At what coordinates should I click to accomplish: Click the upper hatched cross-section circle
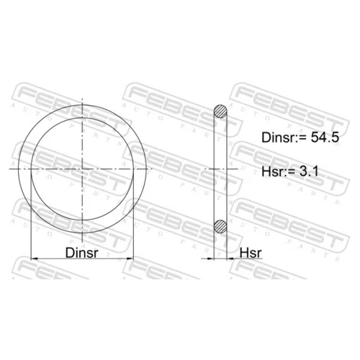pos(220,112)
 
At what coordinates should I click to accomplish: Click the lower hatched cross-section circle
pos(220,226)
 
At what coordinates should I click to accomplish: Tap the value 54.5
pos(325,138)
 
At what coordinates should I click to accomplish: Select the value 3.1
pos(309,171)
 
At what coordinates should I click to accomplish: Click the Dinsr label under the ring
pos(82,253)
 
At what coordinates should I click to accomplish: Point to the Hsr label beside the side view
pos(251,253)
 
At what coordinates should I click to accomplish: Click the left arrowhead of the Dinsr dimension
pos(35,258)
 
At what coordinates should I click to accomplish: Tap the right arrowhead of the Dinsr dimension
pos(130,258)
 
